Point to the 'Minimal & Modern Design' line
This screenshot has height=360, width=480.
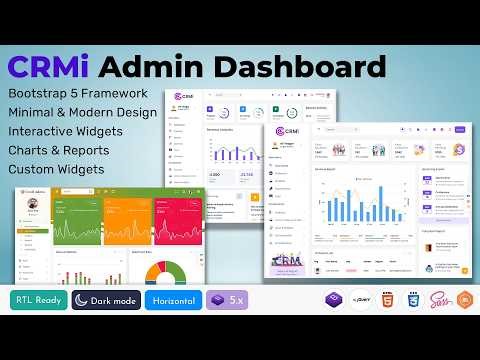click(x=82, y=112)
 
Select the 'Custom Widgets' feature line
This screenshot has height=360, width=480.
click(x=56, y=169)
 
